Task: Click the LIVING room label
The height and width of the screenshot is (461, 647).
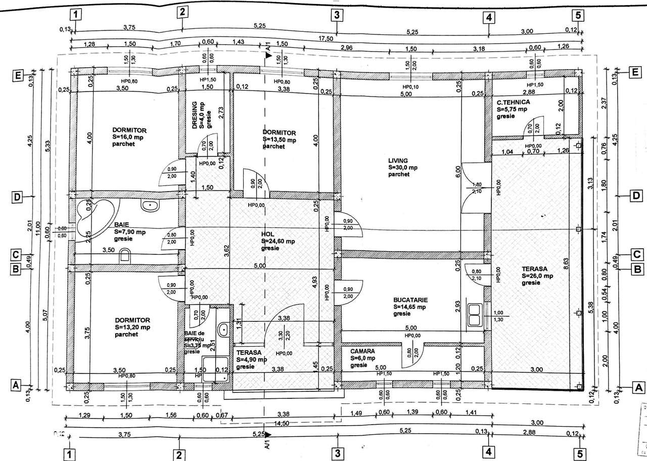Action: click(x=398, y=160)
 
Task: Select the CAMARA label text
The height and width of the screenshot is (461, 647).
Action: click(x=362, y=351)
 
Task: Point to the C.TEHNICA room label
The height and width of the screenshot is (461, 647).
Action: click(x=513, y=102)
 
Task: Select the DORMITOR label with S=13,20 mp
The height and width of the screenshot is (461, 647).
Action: click(x=131, y=320)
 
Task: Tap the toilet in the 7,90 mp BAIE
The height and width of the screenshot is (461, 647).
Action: click(x=125, y=257)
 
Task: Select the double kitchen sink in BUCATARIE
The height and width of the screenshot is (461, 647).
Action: click(x=475, y=315)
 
